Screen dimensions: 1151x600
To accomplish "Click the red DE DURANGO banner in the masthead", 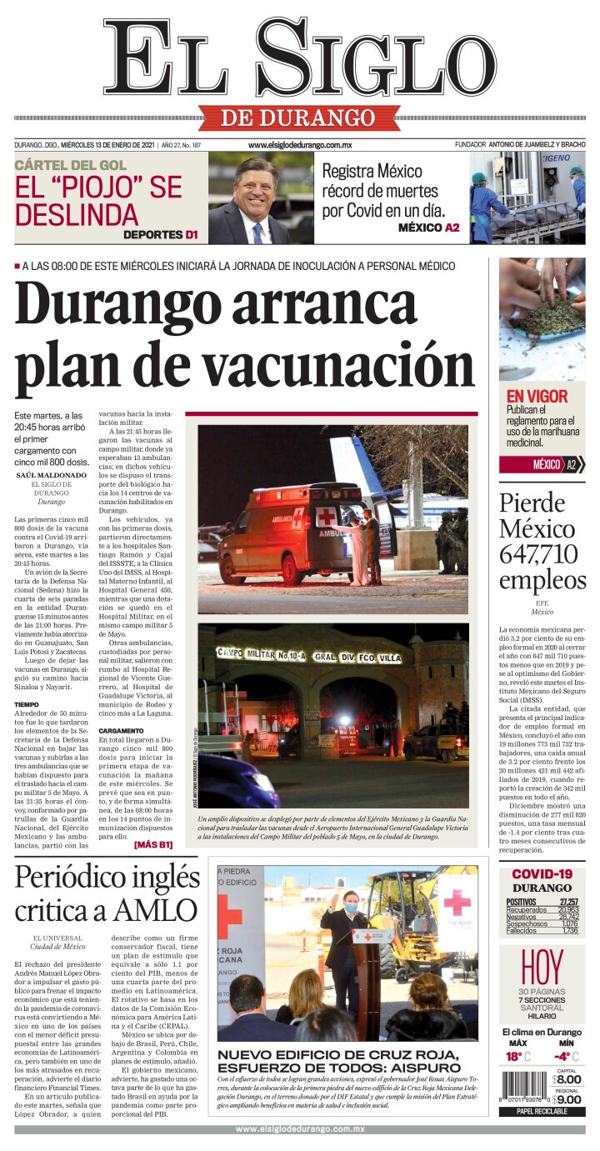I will pos(298,118).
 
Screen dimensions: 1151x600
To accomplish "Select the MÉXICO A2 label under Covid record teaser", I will pos(428,228).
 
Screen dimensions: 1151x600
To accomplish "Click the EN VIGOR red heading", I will pos(537,396).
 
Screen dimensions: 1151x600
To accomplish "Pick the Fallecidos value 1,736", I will pos(569,930).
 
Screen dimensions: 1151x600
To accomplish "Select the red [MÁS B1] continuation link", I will pos(152,844).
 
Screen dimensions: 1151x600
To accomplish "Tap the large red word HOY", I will pos(542,968).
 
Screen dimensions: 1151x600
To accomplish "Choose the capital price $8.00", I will pos(568,1079).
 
